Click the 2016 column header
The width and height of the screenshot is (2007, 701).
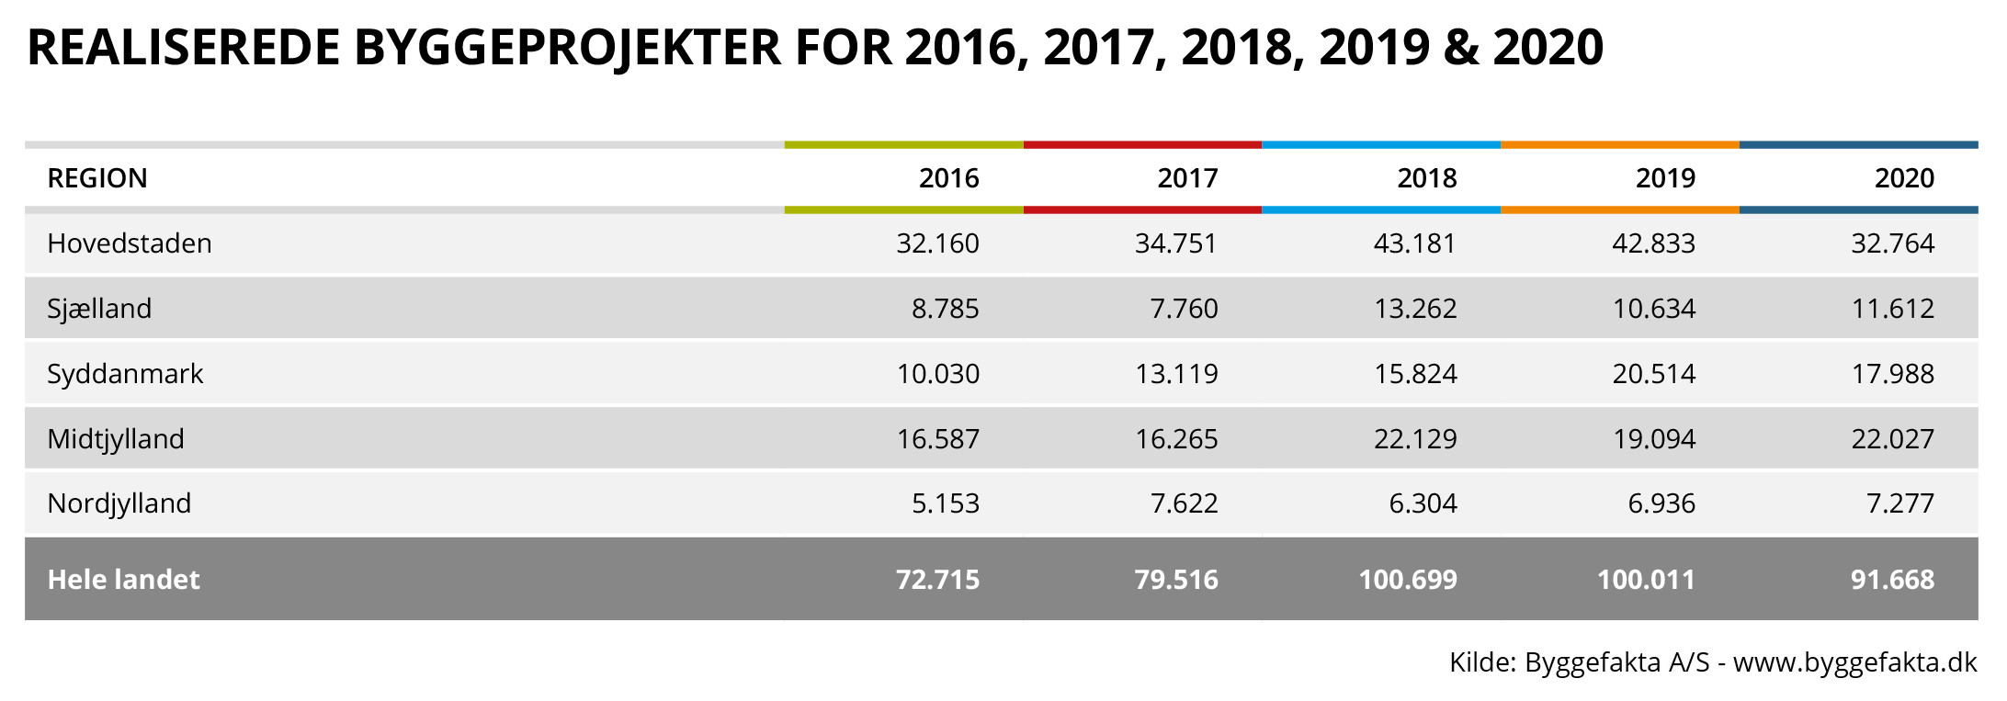coord(948,177)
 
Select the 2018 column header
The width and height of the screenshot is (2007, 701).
coord(1426,177)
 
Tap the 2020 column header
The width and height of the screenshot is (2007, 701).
coord(1904,177)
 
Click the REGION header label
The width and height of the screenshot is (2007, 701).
coord(97,177)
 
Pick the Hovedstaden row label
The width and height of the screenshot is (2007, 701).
coord(130,243)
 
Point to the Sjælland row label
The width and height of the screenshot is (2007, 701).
coord(99,309)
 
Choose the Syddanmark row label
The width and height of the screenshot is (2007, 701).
coord(125,374)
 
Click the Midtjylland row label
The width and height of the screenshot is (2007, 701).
coord(116,439)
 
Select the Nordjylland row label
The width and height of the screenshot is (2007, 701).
coord(119,503)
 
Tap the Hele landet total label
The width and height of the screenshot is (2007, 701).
coord(123,580)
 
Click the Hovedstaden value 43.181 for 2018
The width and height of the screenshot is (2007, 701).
coord(1415,243)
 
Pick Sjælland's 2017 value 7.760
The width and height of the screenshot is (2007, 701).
coord(1184,309)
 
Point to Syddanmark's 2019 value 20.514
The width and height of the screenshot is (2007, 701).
coord(1653,374)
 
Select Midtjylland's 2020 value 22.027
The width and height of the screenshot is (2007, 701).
coord(1892,439)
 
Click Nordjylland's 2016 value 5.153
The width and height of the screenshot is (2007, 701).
coord(945,503)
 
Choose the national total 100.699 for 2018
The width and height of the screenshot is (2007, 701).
coord(1408,580)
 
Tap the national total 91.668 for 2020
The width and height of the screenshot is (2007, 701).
coord(1892,580)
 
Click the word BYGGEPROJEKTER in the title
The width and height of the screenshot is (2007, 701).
coord(567,48)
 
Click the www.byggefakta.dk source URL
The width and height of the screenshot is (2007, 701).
coord(1854,662)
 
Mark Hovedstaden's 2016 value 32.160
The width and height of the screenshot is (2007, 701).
coord(937,243)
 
